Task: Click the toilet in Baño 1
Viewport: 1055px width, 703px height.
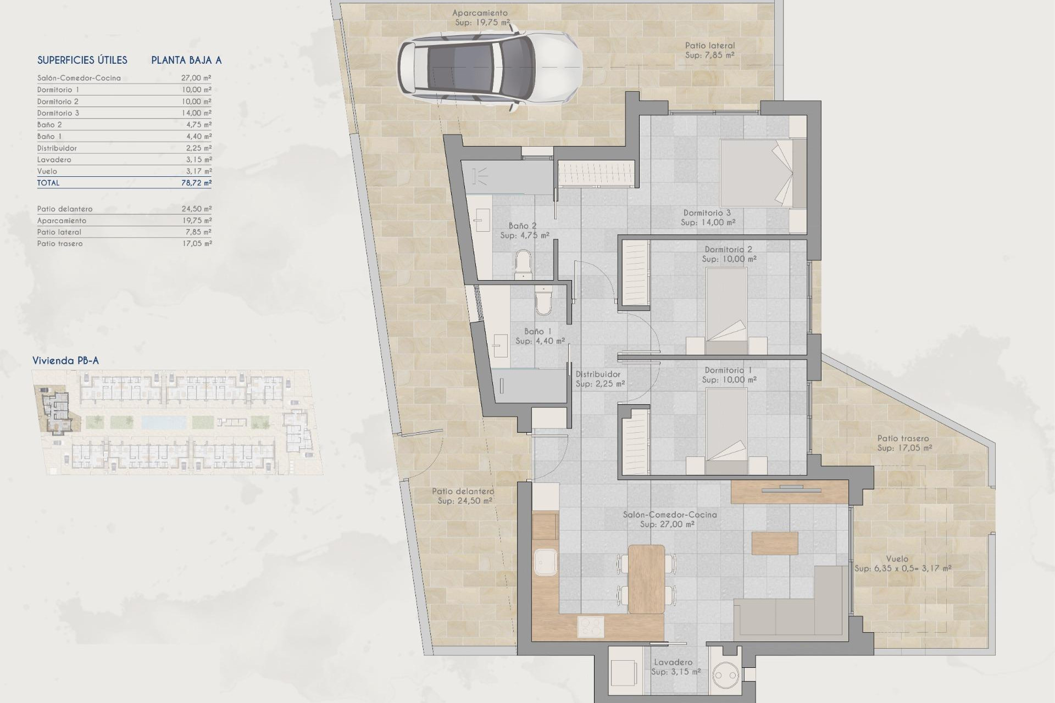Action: pyautogui.click(x=543, y=302)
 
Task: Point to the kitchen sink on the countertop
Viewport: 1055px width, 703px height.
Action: pyautogui.click(x=545, y=562)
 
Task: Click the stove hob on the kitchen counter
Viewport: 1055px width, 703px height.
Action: pyautogui.click(x=591, y=627)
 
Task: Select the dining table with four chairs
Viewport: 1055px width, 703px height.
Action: pyautogui.click(x=646, y=579)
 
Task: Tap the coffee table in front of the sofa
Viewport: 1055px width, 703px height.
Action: pyautogui.click(x=774, y=543)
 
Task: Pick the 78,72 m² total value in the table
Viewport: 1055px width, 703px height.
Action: pyautogui.click(x=196, y=183)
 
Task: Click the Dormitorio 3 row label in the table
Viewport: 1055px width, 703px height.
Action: pyautogui.click(x=58, y=113)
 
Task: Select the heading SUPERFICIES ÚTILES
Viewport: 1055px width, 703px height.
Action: pyautogui.click(x=82, y=60)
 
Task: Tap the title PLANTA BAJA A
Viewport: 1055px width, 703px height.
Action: pyautogui.click(x=186, y=60)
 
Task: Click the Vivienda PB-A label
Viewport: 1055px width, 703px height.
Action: pyautogui.click(x=65, y=361)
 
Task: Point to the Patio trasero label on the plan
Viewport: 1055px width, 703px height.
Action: pyautogui.click(x=903, y=438)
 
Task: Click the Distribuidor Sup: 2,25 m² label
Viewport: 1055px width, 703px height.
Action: pyautogui.click(x=599, y=379)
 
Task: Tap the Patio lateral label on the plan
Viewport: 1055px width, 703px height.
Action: pyautogui.click(x=709, y=46)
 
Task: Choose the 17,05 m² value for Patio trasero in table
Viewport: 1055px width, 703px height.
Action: pyautogui.click(x=197, y=243)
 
